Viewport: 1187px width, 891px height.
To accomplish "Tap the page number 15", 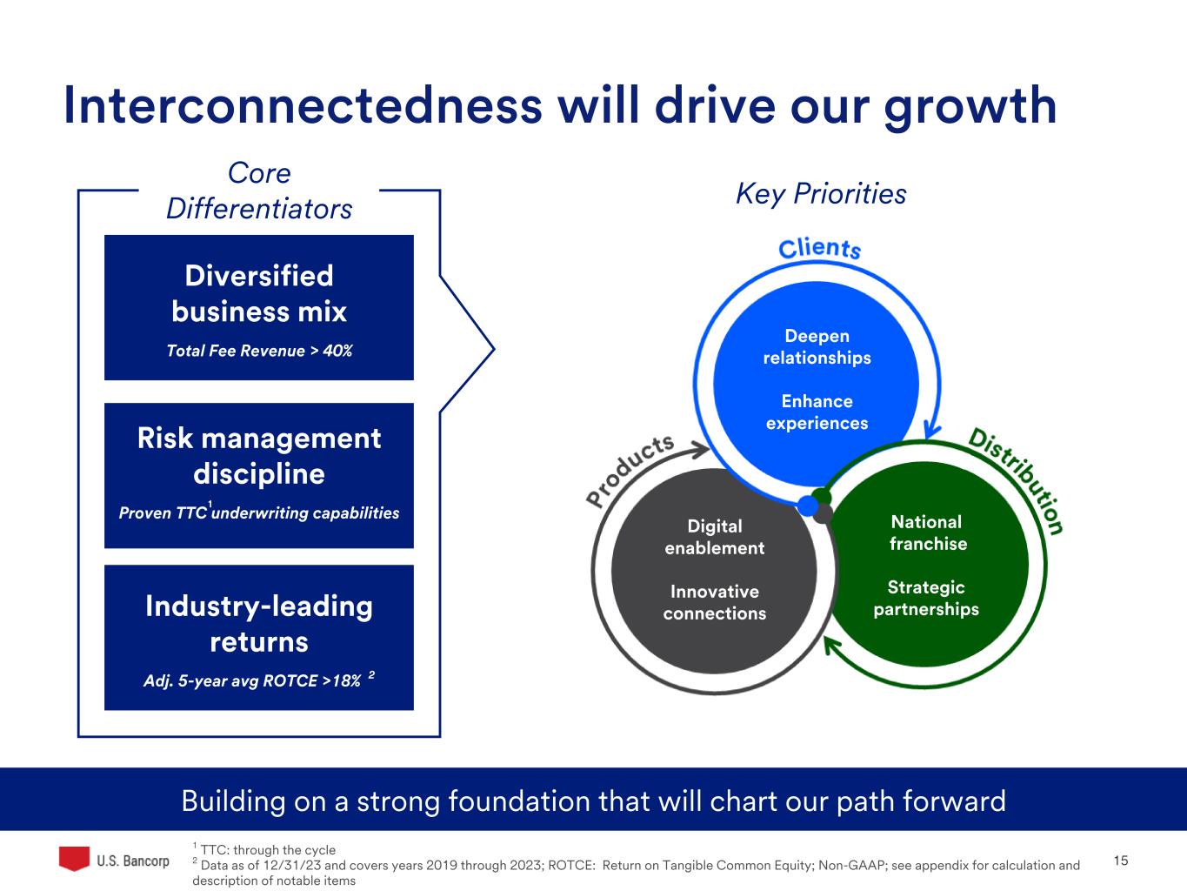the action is [x=1121, y=861].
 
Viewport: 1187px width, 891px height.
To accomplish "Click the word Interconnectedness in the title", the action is [x=303, y=105].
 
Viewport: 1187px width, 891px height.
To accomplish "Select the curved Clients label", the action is [x=819, y=249].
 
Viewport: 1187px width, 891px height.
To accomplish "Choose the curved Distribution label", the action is [x=1017, y=480].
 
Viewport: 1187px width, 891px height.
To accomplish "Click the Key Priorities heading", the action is [x=821, y=194].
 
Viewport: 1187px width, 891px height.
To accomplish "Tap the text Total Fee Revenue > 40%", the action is [x=259, y=351].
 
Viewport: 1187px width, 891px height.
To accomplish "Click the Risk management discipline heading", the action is [x=259, y=456].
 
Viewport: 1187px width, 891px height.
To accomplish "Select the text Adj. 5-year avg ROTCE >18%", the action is [x=252, y=680].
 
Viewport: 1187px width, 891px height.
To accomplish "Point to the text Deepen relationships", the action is [x=817, y=347].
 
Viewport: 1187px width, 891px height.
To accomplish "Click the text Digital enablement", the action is [x=714, y=537].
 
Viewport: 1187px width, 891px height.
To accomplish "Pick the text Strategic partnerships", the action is [x=926, y=599].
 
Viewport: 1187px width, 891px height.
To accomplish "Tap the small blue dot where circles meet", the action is [x=808, y=506].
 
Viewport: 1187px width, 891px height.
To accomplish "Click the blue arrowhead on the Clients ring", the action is [x=931, y=430].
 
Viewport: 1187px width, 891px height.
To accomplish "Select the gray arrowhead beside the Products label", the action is [x=700, y=449].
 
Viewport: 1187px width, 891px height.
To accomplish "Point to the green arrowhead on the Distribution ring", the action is [x=831, y=646].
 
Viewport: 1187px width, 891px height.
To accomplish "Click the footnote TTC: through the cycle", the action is [x=268, y=850].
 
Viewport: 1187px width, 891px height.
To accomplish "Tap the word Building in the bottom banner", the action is [x=234, y=801].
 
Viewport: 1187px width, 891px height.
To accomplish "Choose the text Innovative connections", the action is [x=714, y=603].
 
